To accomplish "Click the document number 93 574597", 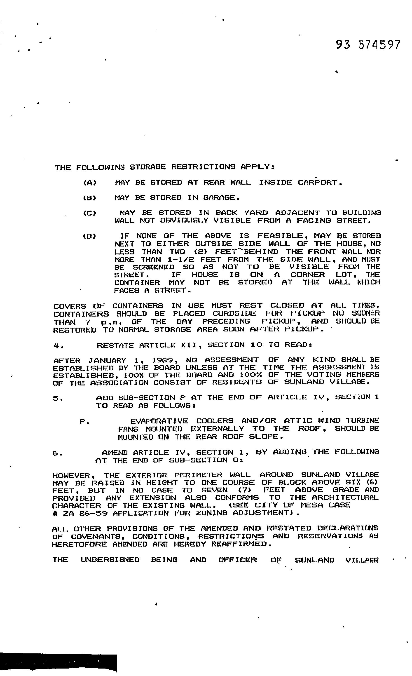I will point(368,45).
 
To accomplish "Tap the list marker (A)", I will point(90,183).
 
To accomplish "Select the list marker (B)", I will point(89,198).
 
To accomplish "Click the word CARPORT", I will point(320,183).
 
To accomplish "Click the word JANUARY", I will point(107,360).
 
